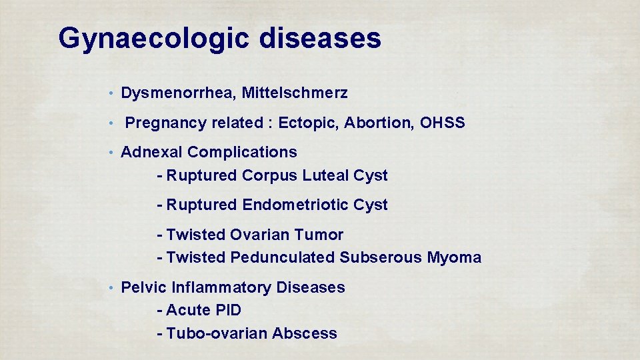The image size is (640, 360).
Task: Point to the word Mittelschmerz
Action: [x=295, y=93]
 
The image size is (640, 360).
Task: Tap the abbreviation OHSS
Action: [x=443, y=123]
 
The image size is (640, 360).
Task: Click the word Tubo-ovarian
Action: [x=217, y=333]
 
